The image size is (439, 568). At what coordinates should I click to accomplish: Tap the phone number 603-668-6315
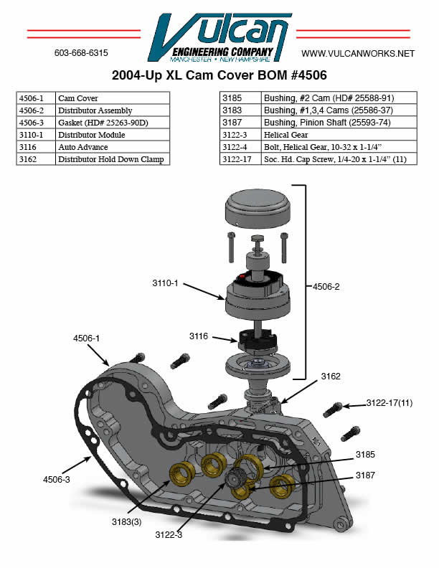(81, 54)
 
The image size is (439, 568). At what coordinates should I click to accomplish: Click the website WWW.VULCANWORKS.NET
(358, 54)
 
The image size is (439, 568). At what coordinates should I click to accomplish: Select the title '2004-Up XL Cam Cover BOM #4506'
(220, 75)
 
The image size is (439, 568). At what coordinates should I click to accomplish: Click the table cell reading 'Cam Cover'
(112, 98)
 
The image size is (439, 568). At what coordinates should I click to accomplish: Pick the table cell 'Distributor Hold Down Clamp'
(112, 159)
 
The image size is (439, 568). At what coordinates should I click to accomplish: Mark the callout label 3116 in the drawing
(199, 336)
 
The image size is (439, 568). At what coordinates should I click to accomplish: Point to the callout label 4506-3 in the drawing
(57, 478)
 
